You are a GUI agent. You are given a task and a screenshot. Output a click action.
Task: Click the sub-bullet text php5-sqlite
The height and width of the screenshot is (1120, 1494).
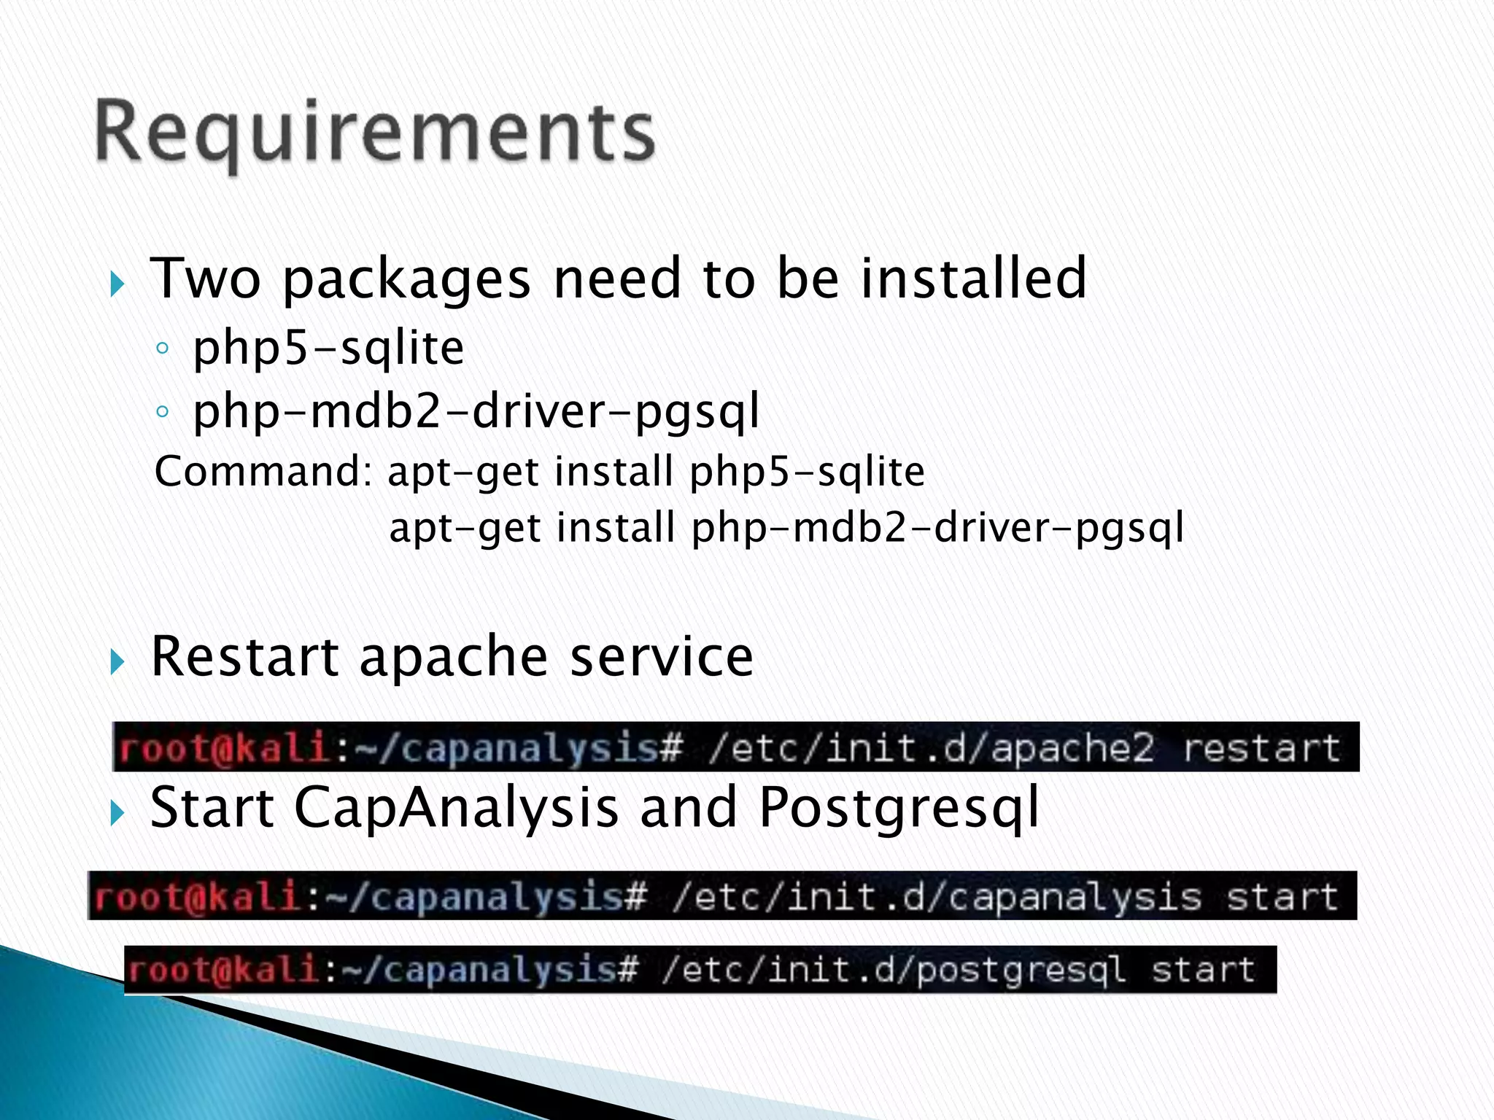tap(328, 348)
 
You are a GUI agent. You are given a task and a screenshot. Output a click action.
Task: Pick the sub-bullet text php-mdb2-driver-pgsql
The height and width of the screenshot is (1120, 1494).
tap(476, 412)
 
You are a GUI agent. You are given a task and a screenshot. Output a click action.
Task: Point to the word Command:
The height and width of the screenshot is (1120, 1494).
tap(263, 471)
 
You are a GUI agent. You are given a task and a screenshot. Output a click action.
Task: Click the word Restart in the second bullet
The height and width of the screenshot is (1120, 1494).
tap(244, 656)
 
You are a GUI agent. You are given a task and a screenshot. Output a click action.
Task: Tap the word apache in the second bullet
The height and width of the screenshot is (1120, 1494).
tap(453, 656)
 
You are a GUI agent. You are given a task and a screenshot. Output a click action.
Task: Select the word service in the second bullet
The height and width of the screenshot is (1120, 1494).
tap(661, 656)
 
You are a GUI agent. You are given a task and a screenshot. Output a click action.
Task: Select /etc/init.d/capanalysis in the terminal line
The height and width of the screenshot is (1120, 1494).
tap(936, 896)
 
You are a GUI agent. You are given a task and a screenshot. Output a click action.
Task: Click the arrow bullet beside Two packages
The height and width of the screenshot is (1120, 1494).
tap(117, 284)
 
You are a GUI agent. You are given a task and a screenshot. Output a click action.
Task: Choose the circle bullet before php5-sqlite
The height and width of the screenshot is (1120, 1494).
tap(162, 349)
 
